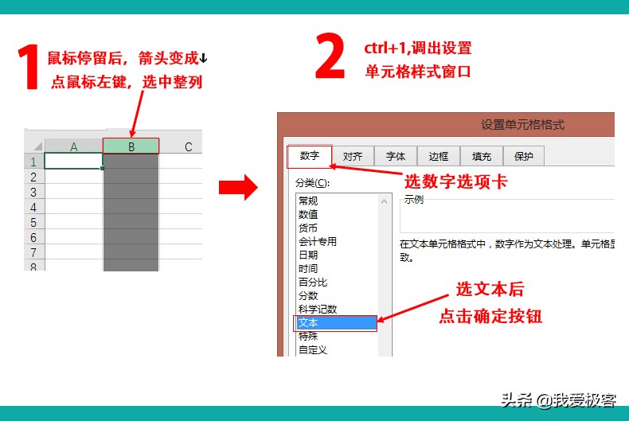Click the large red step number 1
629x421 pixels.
29,67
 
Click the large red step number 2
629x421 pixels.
330,57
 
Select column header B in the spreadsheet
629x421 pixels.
131,146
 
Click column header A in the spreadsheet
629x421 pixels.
74,146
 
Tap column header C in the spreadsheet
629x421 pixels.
188,146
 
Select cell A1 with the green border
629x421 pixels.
74,162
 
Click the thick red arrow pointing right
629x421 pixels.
239,188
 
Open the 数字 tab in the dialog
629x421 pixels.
309,156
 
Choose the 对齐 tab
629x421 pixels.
353,157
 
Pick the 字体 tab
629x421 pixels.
396,157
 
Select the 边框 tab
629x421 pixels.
439,157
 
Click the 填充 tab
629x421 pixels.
482,157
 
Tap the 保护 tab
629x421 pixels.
524,157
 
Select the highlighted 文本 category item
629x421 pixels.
334,323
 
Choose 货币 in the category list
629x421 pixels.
308,228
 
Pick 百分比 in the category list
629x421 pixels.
313,282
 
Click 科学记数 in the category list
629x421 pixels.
318,309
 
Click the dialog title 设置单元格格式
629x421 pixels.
522,125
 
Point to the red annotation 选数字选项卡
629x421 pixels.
455,181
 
